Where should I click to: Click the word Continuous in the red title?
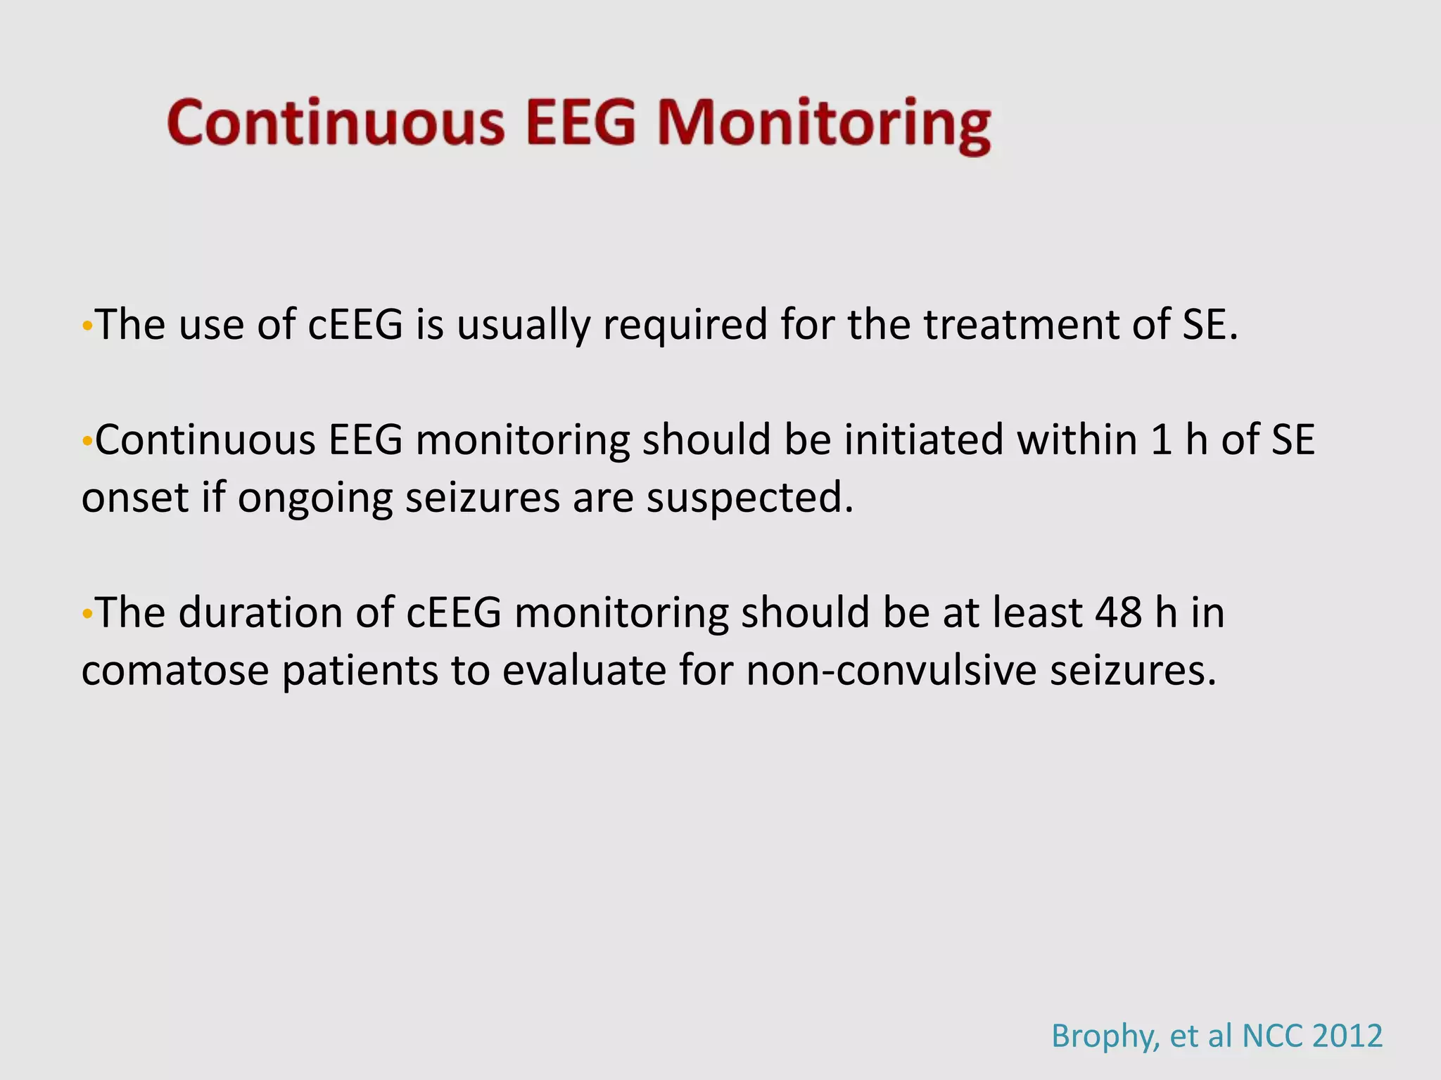[x=336, y=123]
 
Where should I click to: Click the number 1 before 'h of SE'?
[x=1161, y=441]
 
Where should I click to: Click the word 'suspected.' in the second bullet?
[x=749, y=499]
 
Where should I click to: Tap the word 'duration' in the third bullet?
[x=260, y=613]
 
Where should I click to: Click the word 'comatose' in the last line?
[x=174, y=671]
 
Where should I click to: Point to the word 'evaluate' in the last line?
[x=583, y=671]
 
